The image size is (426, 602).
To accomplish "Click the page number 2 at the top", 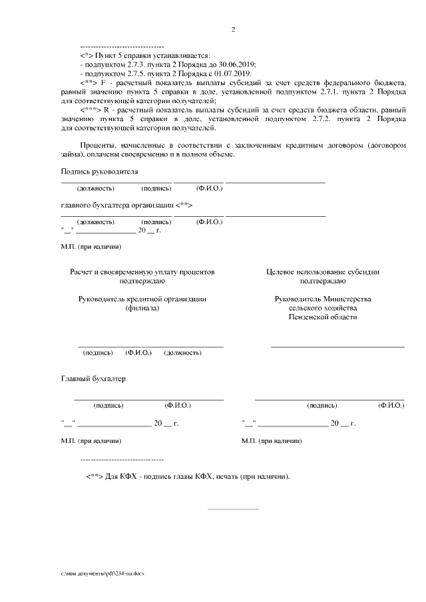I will tap(233, 29).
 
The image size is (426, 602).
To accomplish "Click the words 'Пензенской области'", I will tap(323, 317).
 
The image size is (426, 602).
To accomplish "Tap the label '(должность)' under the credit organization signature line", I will tap(182, 353).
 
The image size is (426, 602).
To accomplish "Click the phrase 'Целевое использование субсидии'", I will tap(323, 272).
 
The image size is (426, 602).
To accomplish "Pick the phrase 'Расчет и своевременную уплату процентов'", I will tap(142, 272).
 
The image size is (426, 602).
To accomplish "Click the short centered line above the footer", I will tap(233, 510).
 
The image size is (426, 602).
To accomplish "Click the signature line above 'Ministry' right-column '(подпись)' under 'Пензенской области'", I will tap(337, 347).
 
